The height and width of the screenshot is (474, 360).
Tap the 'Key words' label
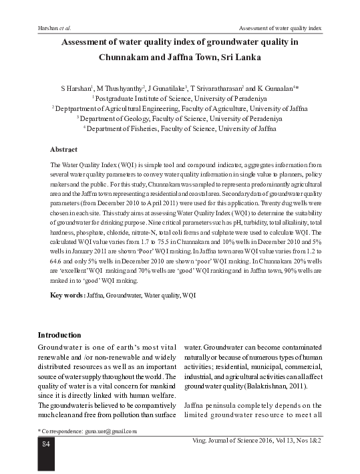coord(67,295)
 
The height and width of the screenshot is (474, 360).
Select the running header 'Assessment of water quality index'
coord(280,29)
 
